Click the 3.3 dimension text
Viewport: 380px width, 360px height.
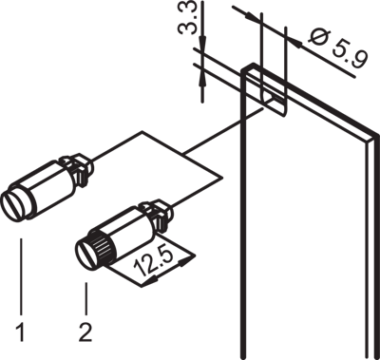click(187, 17)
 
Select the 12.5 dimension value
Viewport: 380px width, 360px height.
click(154, 262)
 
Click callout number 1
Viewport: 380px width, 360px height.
click(20, 332)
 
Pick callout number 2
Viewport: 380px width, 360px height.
click(85, 332)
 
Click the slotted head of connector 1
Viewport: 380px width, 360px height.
click(15, 206)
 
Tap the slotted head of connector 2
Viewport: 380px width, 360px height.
click(87, 254)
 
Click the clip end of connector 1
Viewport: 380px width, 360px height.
click(78, 168)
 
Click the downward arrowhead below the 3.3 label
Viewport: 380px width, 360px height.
click(202, 43)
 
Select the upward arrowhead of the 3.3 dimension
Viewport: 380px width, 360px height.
click(202, 79)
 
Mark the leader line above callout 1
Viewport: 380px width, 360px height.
click(21, 276)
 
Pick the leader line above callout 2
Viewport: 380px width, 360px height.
click(86, 298)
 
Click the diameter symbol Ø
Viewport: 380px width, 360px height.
click(319, 37)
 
